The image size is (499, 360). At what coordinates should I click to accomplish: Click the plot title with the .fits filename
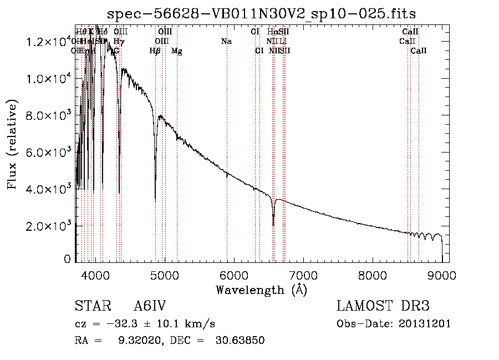(262, 13)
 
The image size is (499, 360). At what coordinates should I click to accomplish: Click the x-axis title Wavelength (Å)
(261, 290)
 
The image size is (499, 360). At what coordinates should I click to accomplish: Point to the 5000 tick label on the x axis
(164, 275)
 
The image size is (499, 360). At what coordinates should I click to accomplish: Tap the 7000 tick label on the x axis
(303, 275)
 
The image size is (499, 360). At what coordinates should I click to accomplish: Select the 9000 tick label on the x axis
(441, 275)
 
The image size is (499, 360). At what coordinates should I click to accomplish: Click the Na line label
(226, 42)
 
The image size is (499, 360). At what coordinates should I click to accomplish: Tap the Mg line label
(177, 51)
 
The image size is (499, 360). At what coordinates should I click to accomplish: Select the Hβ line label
(155, 51)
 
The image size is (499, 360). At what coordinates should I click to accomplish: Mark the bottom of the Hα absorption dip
(273, 225)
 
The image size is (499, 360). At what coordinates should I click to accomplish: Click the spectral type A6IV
(150, 307)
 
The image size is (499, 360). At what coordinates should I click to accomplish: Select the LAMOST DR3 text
(383, 307)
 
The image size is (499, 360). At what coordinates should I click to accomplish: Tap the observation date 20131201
(426, 324)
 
